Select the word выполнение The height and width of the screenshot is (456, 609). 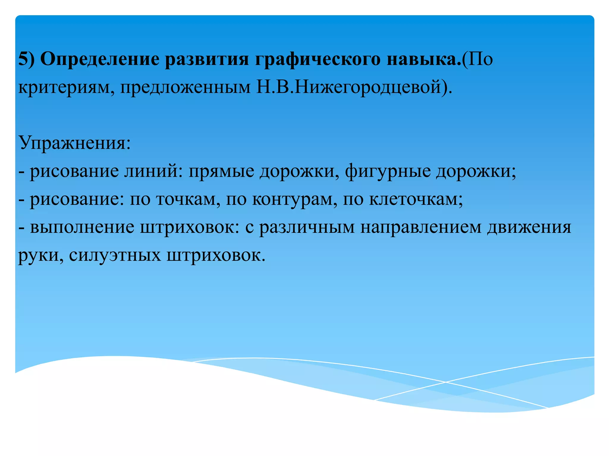[82, 227]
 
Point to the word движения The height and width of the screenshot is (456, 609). [529, 227]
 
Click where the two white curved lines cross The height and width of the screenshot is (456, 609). [445, 382]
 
